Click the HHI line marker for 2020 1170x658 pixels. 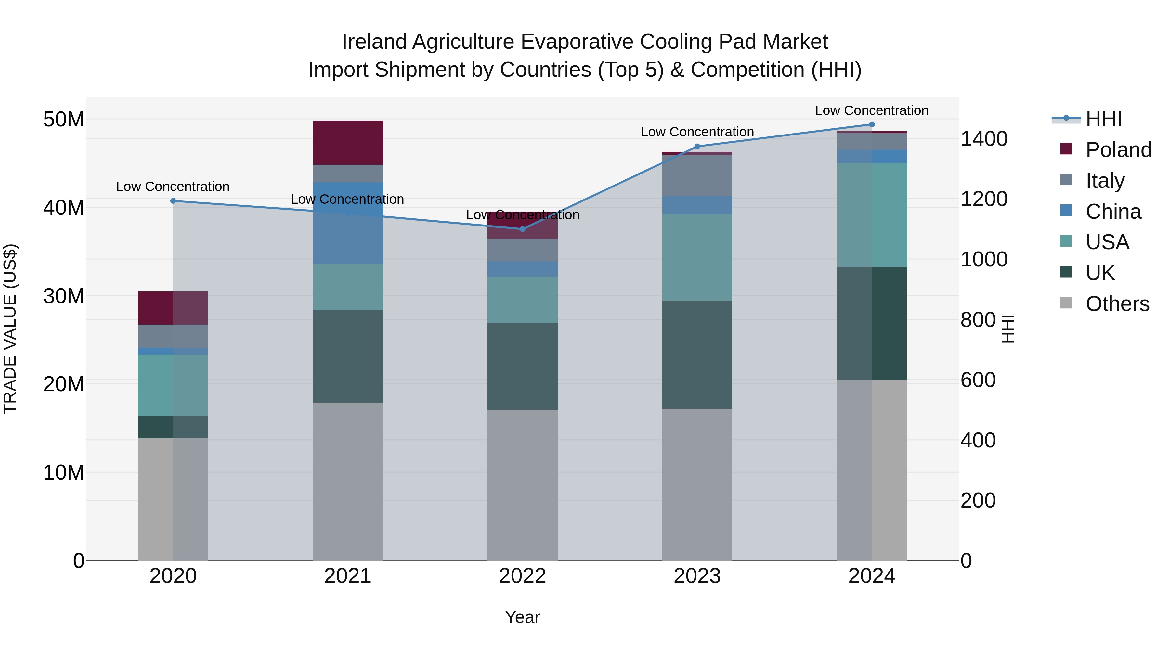click(x=173, y=201)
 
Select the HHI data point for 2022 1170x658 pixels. click(x=522, y=229)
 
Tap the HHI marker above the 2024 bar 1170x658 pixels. click(x=872, y=124)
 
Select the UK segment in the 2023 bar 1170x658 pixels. click(x=697, y=354)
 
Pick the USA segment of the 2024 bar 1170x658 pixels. click(x=872, y=214)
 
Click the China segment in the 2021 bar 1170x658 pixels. click(x=347, y=223)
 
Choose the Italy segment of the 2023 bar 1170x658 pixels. click(x=697, y=175)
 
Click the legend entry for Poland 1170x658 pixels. click(x=1118, y=150)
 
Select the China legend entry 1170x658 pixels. click(x=1113, y=212)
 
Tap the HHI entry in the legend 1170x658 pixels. click(x=1104, y=119)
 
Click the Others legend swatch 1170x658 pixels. click(x=1066, y=303)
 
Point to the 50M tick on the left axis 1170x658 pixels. click(x=64, y=120)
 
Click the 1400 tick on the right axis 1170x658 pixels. click(x=984, y=139)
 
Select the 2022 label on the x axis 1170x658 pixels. click(x=522, y=576)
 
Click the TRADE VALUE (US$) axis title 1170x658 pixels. click(x=10, y=329)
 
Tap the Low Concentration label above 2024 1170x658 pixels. click(x=872, y=110)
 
